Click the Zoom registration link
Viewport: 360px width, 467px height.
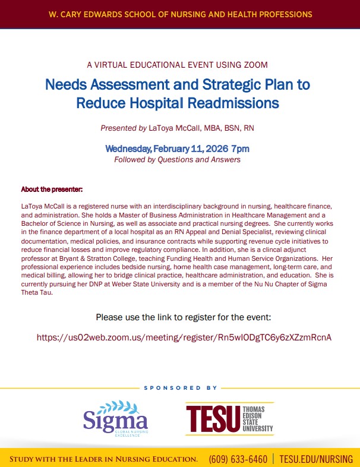tap(184, 337)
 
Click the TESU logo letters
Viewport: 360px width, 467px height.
tap(212, 419)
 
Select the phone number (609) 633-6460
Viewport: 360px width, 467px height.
tap(238, 459)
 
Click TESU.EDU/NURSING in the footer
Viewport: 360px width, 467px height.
tap(315, 459)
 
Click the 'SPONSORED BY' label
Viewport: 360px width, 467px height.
tap(181, 387)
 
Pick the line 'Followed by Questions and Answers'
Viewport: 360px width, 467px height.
tap(177, 159)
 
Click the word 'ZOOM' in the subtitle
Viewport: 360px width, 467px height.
tap(255, 65)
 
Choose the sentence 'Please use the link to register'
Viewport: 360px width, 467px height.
tap(184, 317)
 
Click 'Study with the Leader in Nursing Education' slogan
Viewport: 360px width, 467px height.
tap(103, 459)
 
